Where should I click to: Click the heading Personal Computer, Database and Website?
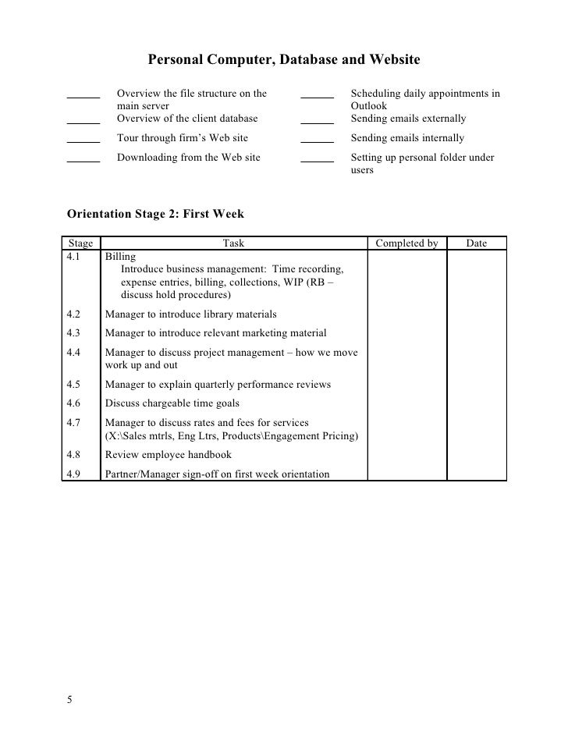pyautogui.click(x=284, y=59)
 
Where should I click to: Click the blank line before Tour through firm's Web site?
pyautogui.click(x=83, y=140)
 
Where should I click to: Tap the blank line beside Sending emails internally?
pyautogui.click(x=317, y=140)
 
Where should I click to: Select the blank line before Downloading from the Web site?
pyautogui.click(x=83, y=160)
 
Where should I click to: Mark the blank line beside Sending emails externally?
pyautogui.click(x=317, y=122)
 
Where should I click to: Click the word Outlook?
pyautogui.click(x=369, y=106)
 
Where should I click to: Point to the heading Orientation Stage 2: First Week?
pyautogui.click(x=156, y=214)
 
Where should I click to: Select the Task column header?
pyautogui.click(x=233, y=243)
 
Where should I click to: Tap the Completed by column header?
pyautogui.click(x=406, y=243)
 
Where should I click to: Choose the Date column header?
pyautogui.click(x=476, y=243)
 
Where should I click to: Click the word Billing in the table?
pyautogui.click(x=120, y=255)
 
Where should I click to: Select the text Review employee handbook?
pyautogui.click(x=169, y=456)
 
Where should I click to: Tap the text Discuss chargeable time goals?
pyautogui.click(x=172, y=403)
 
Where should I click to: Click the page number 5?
pyautogui.click(x=69, y=698)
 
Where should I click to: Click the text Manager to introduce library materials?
pyautogui.click(x=190, y=314)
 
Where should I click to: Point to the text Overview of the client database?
pyautogui.click(x=187, y=119)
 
